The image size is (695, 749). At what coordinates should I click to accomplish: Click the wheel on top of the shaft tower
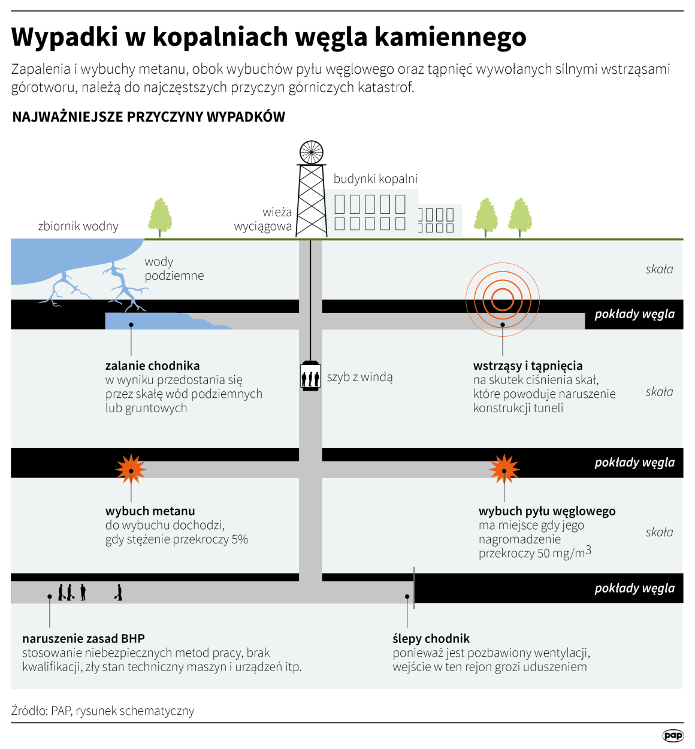pyautogui.click(x=311, y=153)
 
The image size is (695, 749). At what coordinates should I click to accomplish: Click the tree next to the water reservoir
pyautogui.click(x=160, y=217)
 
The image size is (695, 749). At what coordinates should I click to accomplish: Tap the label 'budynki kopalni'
pyautogui.click(x=376, y=179)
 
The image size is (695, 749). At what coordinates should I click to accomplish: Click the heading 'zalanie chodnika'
pyautogui.click(x=152, y=366)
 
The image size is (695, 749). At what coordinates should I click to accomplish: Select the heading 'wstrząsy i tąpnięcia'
pyautogui.click(x=527, y=366)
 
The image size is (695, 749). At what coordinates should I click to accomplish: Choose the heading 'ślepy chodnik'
pyautogui.click(x=431, y=639)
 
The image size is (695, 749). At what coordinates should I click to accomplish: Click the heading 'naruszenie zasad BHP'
pyautogui.click(x=83, y=639)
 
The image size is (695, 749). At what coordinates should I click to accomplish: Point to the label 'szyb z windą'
pyautogui.click(x=359, y=377)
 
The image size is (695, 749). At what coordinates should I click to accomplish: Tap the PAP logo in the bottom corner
pyautogui.click(x=673, y=735)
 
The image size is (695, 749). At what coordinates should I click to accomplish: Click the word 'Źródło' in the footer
pyautogui.click(x=29, y=711)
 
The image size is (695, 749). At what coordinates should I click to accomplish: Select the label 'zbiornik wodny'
pyautogui.click(x=78, y=226)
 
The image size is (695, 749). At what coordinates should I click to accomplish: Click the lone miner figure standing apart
pyautogui.click(x=119, y=593)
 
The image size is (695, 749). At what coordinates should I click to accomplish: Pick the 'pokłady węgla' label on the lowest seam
pyautogui.click(x=634, y=588)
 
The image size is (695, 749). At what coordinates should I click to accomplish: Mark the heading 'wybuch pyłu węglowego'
pyautogui.click(x=547, y=511)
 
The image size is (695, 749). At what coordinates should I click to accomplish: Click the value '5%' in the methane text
pyautogui.click(x=240, y=539)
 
